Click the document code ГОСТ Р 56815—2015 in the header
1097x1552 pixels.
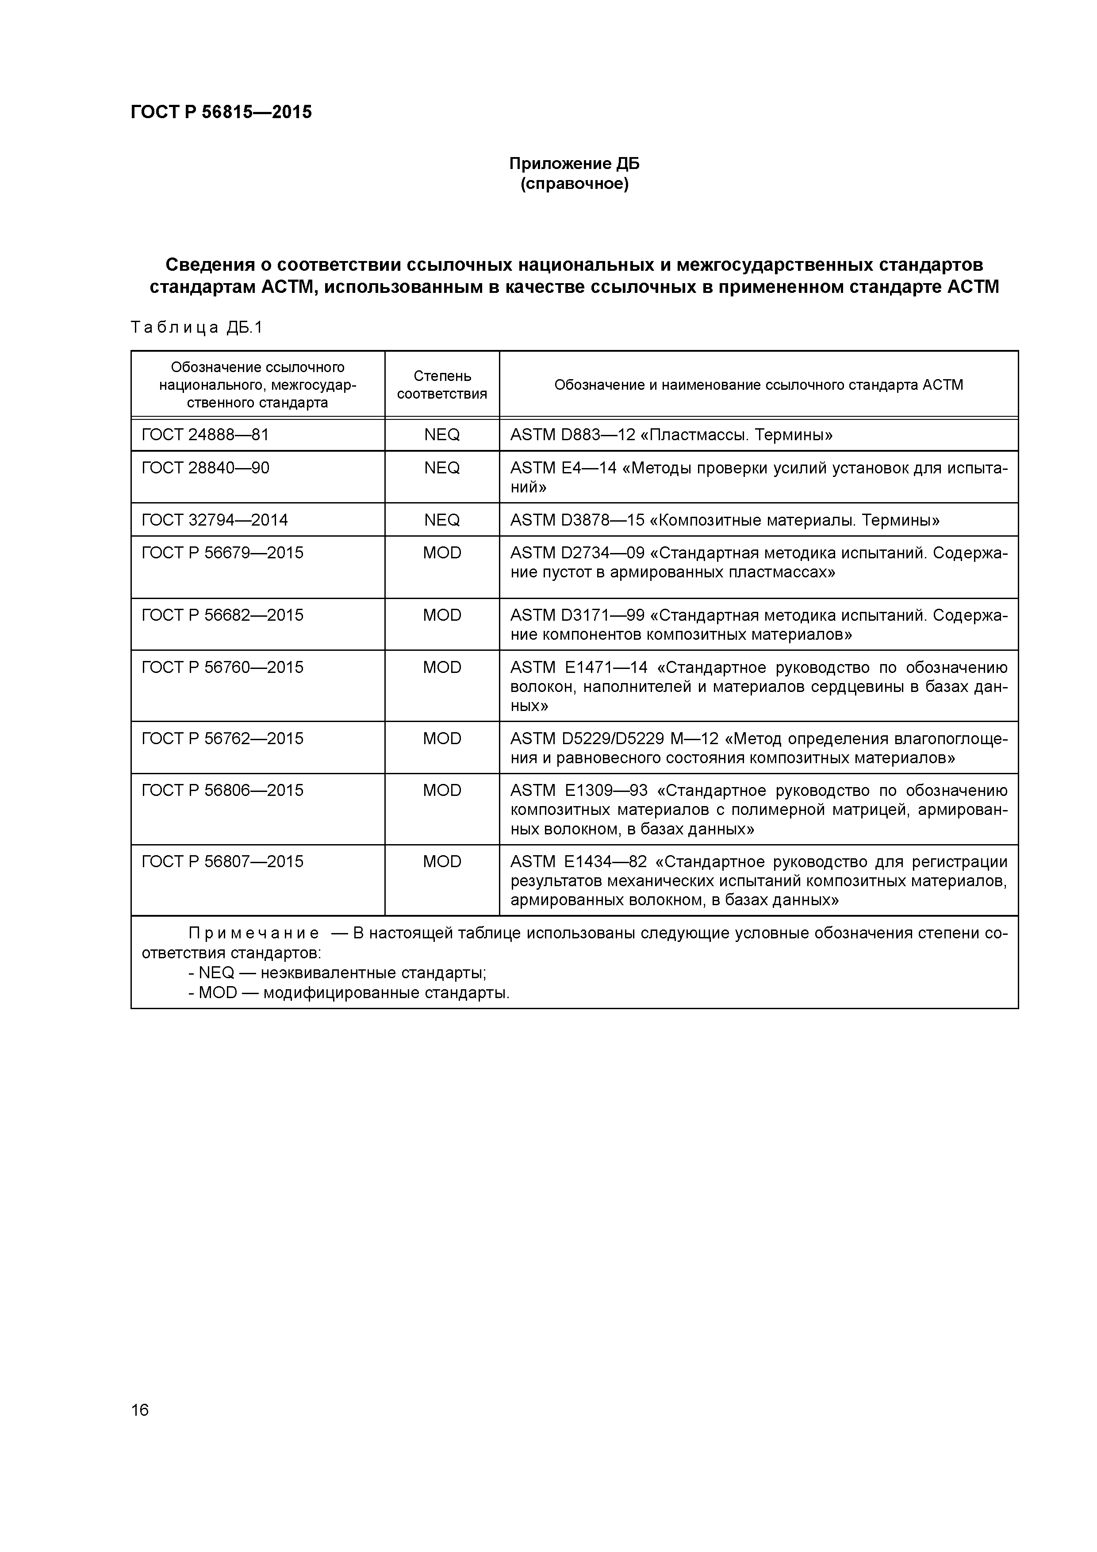tap(221, 112)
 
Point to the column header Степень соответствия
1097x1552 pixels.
tap(441, 384)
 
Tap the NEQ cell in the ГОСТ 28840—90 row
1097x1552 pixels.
tap(441, 468)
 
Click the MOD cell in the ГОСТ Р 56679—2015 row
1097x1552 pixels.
tap(441, 553)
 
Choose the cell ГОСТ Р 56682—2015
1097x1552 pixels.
tap(222, 615)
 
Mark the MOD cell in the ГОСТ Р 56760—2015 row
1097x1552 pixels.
tap(441, 667)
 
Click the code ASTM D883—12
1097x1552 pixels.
tap(572, 434)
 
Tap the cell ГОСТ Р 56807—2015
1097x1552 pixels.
tap(222, 861)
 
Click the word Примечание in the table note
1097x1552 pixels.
tap(253, 934)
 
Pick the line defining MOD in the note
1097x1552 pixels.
tap(349, 993)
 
